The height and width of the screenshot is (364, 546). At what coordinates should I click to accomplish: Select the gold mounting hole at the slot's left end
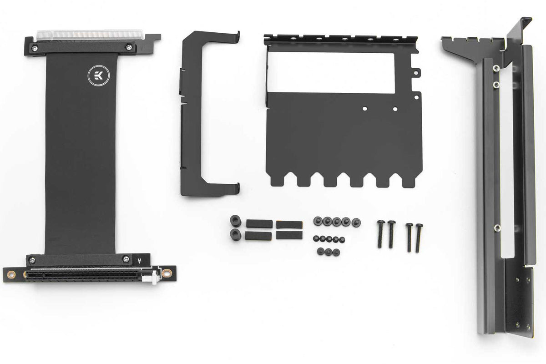[12, 274]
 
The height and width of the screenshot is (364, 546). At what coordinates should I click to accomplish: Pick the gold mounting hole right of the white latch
[167, 274]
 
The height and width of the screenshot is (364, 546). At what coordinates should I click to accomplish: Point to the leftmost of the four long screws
[380, 234]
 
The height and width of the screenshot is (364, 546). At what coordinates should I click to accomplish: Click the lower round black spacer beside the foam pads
[236, 234]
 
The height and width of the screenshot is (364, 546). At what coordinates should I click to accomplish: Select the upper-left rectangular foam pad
[259, 224]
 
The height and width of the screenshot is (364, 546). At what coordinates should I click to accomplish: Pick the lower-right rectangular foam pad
[289, 235]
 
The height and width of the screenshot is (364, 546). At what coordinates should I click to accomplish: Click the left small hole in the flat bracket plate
[364, 109]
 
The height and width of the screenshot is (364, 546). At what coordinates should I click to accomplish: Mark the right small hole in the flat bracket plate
[394, 109]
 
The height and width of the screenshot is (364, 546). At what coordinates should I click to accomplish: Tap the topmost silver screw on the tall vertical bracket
[496, 68]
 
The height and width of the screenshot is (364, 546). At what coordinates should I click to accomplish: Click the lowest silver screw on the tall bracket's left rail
[497, 227]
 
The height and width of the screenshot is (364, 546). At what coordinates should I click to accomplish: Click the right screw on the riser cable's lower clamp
[126, 259]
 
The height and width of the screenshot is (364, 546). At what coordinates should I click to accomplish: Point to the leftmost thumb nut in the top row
[318, 222]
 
